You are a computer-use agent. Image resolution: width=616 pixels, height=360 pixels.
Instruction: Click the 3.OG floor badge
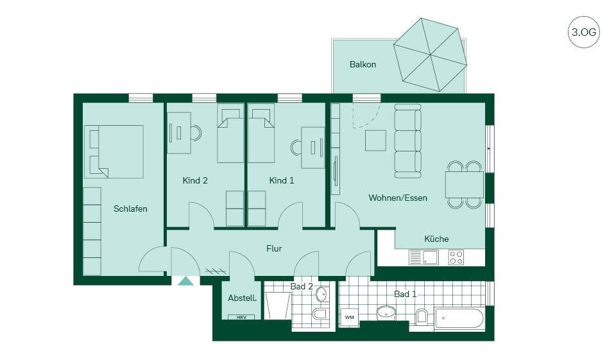click(x=583, y=32)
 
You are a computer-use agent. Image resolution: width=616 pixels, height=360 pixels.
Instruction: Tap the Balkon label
click(x=363, y=64)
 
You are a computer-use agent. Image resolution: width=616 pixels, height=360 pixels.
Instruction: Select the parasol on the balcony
click(x=430, y=55)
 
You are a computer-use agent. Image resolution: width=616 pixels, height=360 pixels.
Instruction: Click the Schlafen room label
click(x=130, y=209)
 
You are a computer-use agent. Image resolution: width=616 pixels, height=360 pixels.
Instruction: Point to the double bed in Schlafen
click(x=114, y=151)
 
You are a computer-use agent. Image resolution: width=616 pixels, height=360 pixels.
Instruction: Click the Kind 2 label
click(x=195, y=180)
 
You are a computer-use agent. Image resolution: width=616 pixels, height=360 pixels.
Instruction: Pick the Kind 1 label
click(x=281, y=180)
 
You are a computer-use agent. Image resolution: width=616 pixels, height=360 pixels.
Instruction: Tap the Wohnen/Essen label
click(x=398, y=198)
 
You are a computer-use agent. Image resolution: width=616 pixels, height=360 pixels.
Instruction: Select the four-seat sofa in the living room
click(x=408, y=141)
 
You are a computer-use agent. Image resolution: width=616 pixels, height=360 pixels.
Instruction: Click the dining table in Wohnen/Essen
click(x=465, y=184)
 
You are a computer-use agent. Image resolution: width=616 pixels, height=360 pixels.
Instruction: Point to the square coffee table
click(x=375, y=141)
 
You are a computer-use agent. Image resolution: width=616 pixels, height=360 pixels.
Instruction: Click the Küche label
click(x=436, y=239)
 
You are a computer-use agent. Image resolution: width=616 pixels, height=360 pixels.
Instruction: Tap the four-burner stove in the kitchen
click(x=456, y=257)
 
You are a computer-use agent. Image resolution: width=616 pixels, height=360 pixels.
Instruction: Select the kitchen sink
click(x=424, y=257)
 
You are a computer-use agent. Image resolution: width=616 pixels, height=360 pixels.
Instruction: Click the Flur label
click(x=274, y=248)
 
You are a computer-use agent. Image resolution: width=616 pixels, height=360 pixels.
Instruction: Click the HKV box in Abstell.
click(x=241, y=317)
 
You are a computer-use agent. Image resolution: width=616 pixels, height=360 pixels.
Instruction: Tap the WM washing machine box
click(x=349, y=317)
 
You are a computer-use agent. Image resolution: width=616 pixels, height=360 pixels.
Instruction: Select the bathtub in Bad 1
click(x=459, y=319)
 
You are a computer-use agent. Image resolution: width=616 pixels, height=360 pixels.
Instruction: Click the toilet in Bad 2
click(x=320, y=314)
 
